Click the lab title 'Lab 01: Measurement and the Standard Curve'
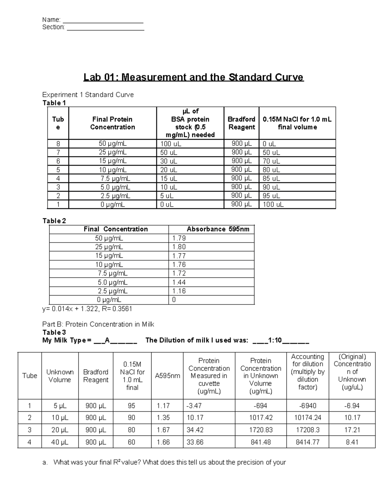tap(193, 77)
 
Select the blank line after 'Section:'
tap(105, 27)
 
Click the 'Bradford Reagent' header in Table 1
tap(241, 123)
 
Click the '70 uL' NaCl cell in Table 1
tap(271, 161)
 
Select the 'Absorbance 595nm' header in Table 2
tap(218, 229)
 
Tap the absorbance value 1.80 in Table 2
tap(179, 247)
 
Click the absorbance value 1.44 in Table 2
tap(179, 282)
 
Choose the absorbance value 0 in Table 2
tap(174, 300)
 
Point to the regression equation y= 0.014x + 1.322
tap(87, 309)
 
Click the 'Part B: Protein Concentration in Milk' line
tap(98, 324)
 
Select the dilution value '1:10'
tap(275, 340)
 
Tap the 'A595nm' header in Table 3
tap(167, 376)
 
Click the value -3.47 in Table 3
tap(194, 406)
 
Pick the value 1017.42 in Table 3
tap(261, 418)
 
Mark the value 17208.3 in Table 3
tap(307, 430)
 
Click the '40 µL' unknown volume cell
tap(60, 442)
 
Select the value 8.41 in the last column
tap(352, 442)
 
